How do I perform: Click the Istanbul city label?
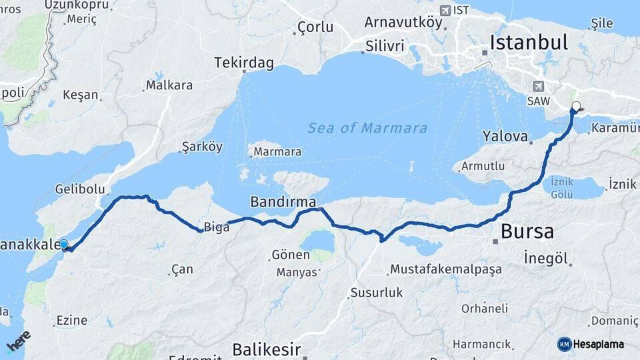[x=528, y=43]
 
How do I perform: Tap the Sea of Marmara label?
[x=367, y=128]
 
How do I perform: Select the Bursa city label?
[x=527, y=231]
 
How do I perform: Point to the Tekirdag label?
[x=244, y=63]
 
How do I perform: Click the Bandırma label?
[x=283, y=201]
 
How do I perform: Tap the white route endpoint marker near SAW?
[x=576, y=105]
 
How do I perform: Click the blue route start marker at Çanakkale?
[x=64, y=245]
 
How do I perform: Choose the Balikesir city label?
[x=266, y=349]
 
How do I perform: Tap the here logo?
[x=18, y=341]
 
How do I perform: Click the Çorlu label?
[x=315, y=27]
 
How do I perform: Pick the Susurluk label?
[x=377, y=292]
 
